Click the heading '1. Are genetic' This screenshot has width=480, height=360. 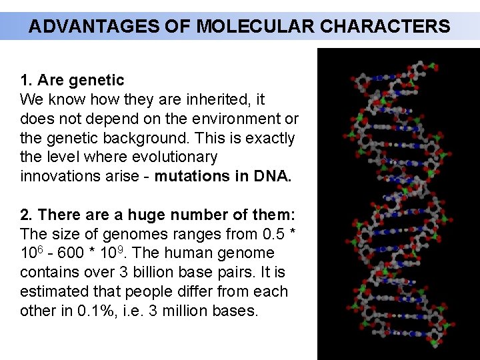click(x=72, y=81)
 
